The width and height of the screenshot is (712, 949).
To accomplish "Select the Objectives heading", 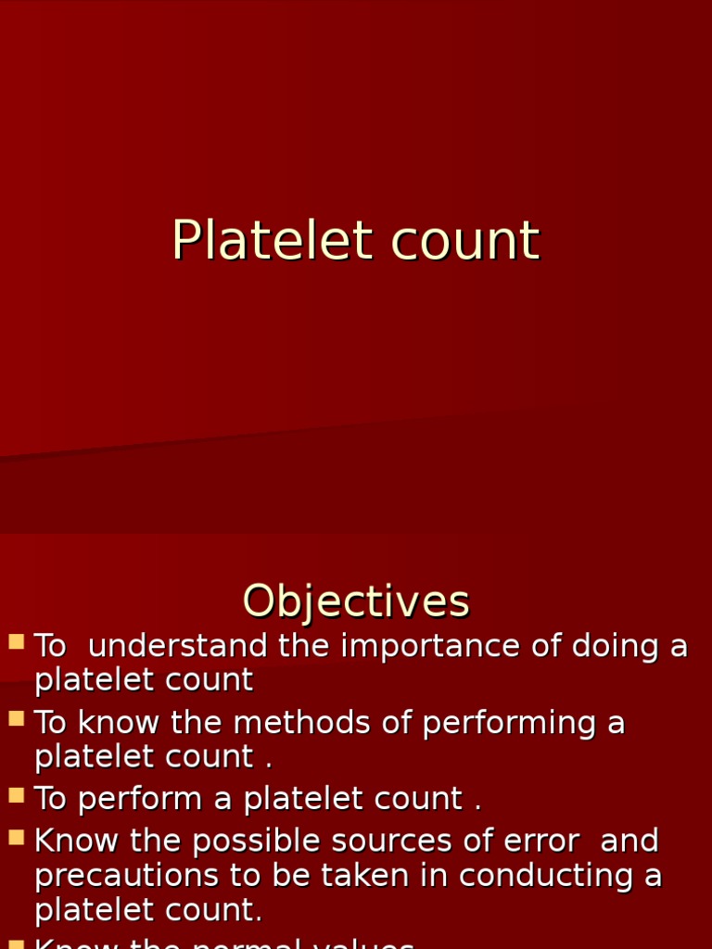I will [356, 601].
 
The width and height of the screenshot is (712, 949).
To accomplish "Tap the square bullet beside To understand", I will [16, 641].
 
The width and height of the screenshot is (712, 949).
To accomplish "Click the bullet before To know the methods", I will [16, 718].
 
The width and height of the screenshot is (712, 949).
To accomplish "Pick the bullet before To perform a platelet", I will [16, 794].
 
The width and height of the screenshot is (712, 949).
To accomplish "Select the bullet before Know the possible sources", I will [16, 837].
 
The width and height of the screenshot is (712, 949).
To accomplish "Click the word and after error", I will [629, 841].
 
